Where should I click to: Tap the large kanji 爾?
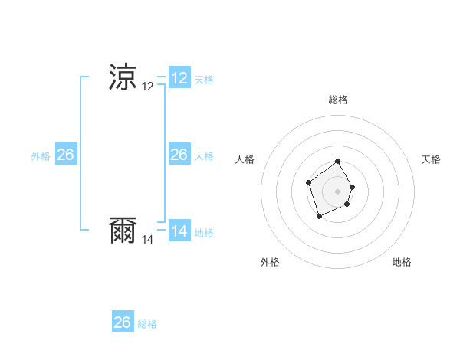(123, 231)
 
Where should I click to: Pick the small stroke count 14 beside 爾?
(148, 240)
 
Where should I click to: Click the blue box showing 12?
(179, 77)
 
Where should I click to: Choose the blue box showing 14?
(179, 231)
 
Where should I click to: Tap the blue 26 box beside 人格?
(179, 155)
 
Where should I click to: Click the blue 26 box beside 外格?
(65, 155)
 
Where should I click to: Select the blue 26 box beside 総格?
(123, 322)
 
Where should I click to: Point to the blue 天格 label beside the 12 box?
(204, 80)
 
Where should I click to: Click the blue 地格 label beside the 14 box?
(204, 233)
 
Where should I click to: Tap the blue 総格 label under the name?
(147, 324)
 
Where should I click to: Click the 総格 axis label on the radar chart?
(338, 100)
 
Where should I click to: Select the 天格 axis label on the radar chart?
(431, 159)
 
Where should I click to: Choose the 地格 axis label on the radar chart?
(402, 262)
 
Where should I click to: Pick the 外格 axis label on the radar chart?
(270, 262)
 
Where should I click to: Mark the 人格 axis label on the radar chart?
(245, 159)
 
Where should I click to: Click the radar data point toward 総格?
(338, 162)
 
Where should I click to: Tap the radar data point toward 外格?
(319, 218)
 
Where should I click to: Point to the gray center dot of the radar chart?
(338, 191)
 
